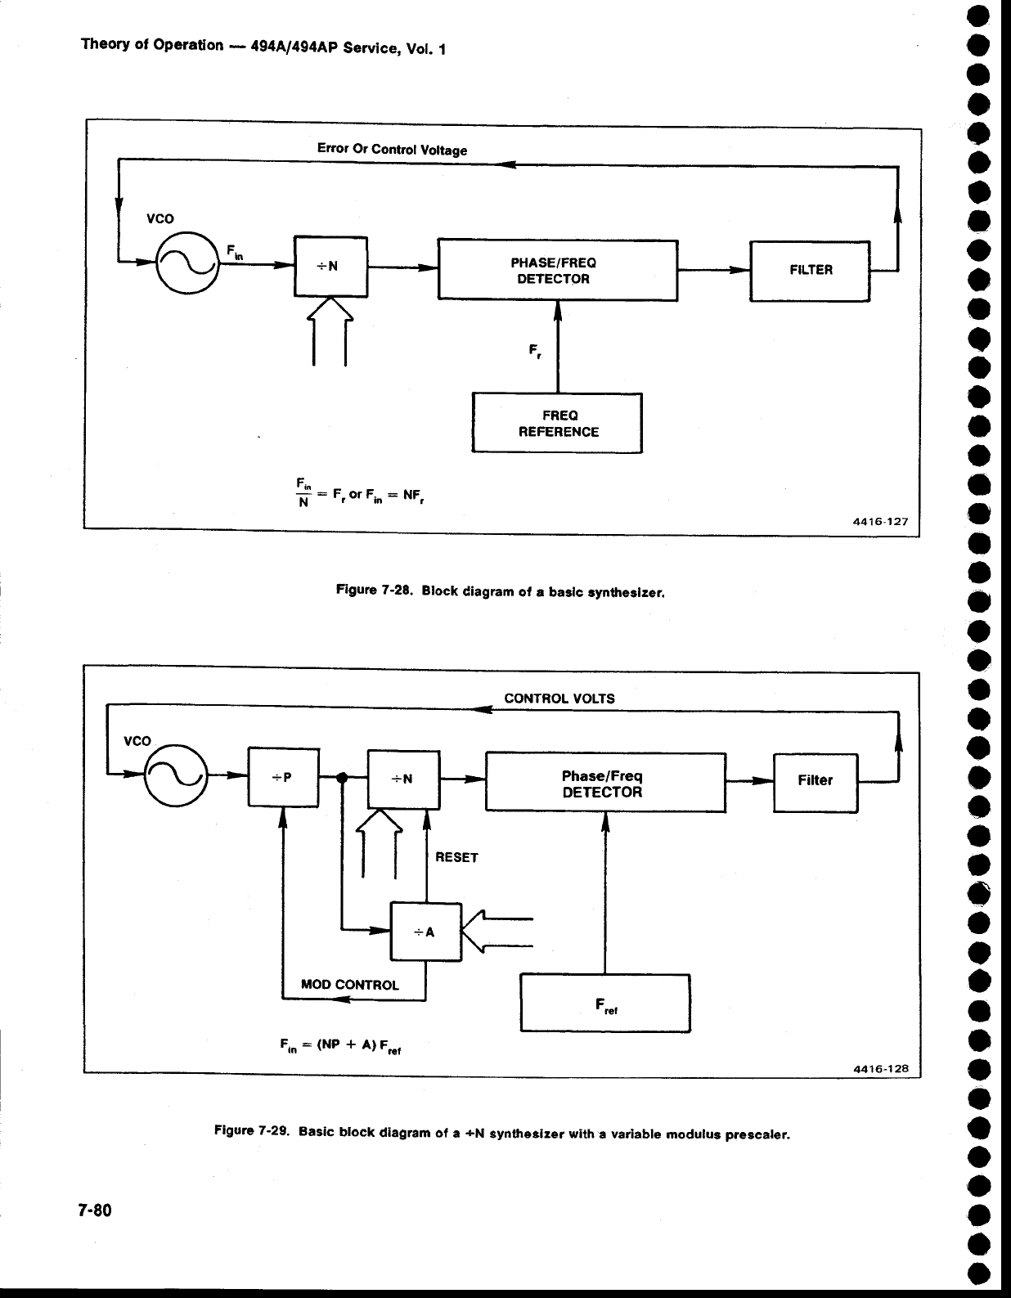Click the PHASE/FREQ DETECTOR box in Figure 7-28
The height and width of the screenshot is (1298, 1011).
click(558, 270)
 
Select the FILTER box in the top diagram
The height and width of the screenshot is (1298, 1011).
click(810, 271)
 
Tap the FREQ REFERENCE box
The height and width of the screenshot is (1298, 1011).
click(557, 423)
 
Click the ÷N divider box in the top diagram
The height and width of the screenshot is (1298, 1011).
click(330, 267)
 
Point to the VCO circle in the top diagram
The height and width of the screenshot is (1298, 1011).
click(188, 262)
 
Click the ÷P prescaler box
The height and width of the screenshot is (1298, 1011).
click(283, 777)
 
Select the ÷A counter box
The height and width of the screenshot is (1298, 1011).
click(426, 932)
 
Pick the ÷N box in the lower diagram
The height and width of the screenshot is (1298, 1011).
click(403, 779)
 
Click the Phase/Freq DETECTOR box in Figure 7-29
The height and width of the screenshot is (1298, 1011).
click(605, 783)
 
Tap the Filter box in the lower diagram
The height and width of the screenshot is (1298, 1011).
click(815, 782)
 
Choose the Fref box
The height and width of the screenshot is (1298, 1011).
click(605, 1003)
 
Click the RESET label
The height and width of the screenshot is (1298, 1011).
click(456, 857)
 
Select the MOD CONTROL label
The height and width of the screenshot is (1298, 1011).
click(350, 985)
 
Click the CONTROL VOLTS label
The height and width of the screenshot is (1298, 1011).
click(559, 698)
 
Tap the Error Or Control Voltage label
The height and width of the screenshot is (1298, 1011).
click(392, 150)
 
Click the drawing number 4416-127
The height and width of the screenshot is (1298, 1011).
click(880, 520)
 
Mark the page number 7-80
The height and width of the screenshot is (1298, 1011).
click(95, 1210)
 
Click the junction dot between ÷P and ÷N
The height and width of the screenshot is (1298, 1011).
click(343, 778)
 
